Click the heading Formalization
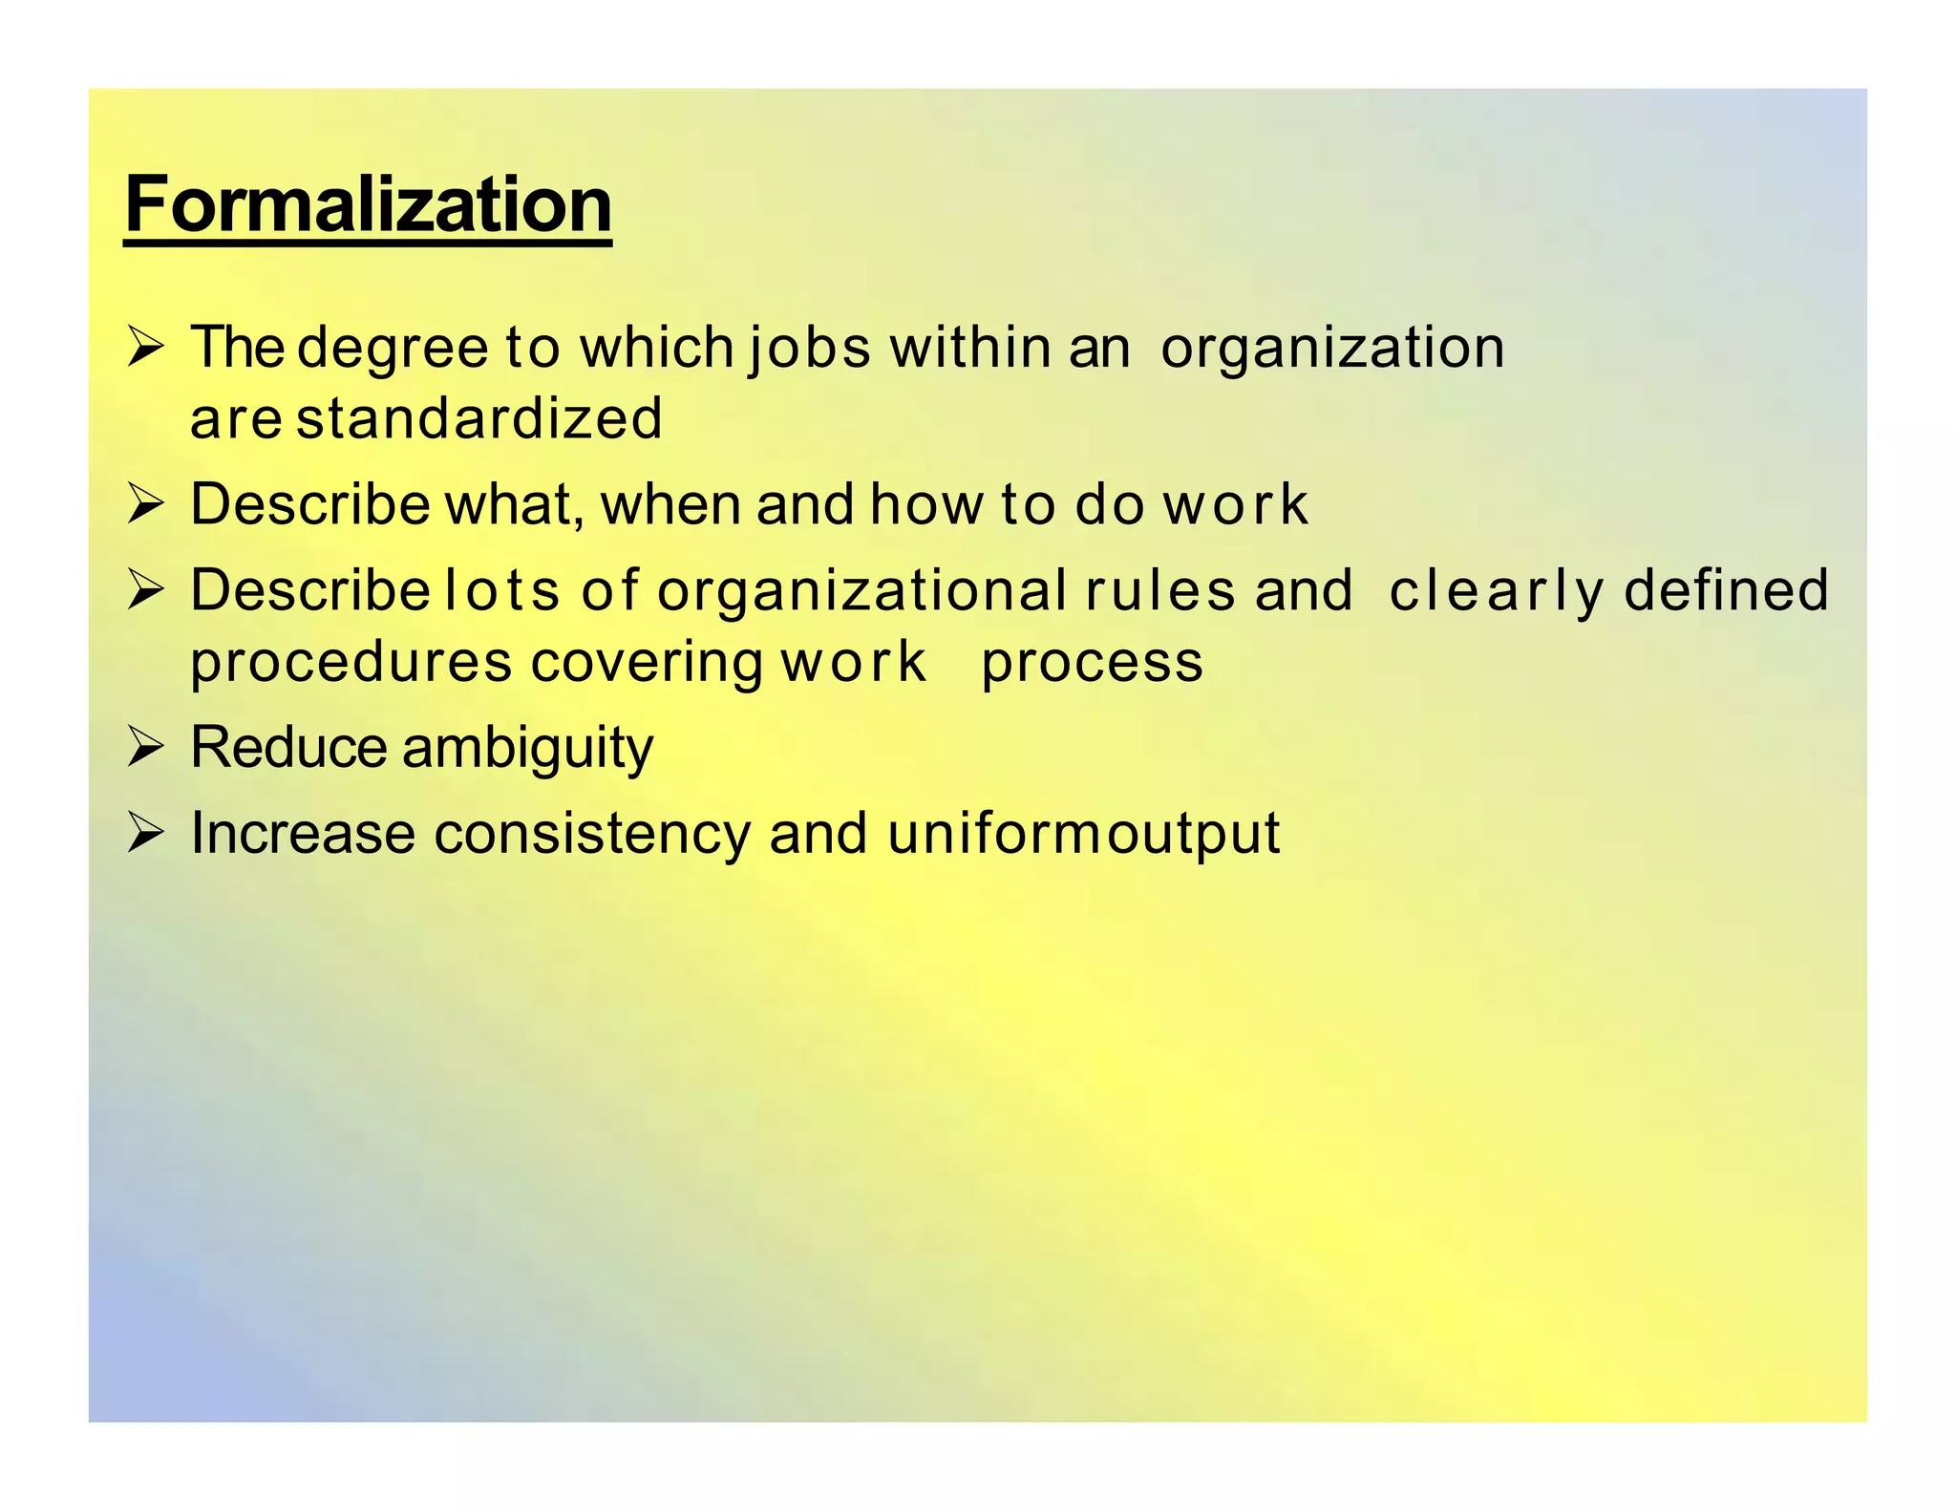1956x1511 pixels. [368, 204]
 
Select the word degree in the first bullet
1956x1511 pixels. [393, 348]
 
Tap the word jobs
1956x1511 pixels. [809, 348]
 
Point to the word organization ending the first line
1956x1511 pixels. [1332, 348]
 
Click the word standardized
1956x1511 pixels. [479, 419]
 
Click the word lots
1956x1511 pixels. [501, 589]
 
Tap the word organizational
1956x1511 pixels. [861, 591]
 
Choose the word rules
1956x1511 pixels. [1160, 589]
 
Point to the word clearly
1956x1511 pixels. [1496, 591]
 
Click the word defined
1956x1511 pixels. [1726, 589]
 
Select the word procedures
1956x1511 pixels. [351, 663]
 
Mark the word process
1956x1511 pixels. [1092, 663]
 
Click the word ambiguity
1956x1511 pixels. [527, 748]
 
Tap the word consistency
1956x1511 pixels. [592, 833]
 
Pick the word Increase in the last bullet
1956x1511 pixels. [303, 833]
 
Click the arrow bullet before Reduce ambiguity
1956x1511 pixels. [146, 748]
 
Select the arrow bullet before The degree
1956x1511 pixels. [146, 348]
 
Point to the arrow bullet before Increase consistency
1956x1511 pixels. [146, 833]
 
